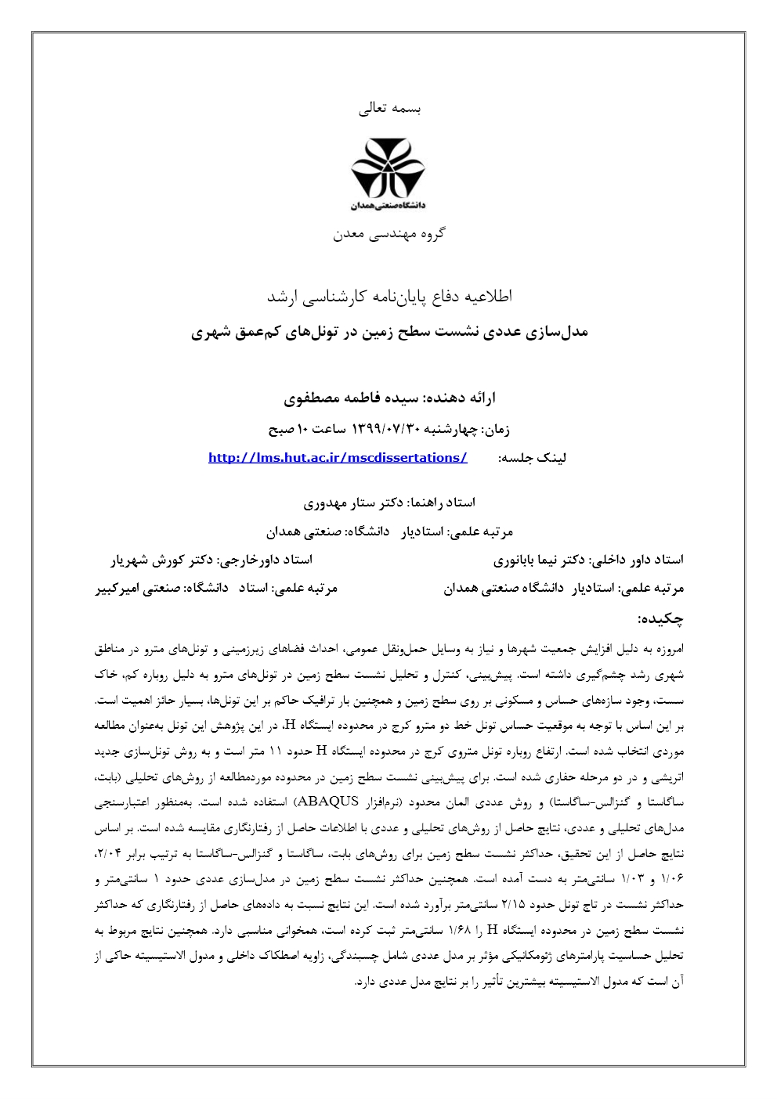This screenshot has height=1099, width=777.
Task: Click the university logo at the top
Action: coord(388,173)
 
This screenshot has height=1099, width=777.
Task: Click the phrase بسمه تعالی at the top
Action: coord(389,110)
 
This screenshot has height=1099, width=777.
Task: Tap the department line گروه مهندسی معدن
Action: coord(388,233)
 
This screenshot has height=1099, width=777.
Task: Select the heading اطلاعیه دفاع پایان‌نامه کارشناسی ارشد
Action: coord(388,296)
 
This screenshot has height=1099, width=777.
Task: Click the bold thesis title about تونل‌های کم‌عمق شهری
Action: coord(388,332)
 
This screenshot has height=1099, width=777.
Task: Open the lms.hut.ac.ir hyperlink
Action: coord(338,458)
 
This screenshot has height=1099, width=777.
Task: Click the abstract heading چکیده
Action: coord(660,618)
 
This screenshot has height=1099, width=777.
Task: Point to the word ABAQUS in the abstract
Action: coord(326,802)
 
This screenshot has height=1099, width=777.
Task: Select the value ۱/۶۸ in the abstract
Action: coord(461,930)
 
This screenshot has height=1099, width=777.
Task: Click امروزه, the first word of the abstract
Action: coord(667,649)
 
